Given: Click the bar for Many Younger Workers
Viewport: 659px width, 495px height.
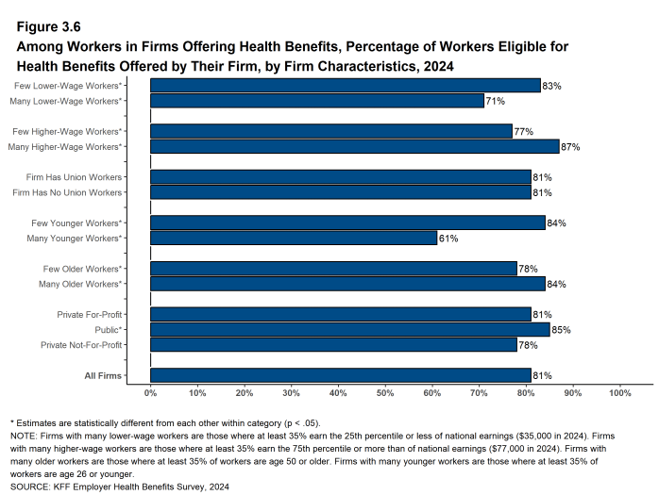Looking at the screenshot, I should [294, 239].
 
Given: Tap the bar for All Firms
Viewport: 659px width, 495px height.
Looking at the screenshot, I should [340, 375].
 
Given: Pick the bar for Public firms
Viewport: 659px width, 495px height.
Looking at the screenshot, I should [349, 330].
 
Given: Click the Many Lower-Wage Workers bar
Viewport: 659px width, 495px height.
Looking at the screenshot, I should [317, 101].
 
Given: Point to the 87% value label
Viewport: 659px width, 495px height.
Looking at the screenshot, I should [569, 147].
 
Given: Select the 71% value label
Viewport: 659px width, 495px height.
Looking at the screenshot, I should [495, 101].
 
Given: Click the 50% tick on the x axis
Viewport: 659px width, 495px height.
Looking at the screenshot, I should [385, 392].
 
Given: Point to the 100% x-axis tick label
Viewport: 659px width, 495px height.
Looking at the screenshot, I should [619, 392].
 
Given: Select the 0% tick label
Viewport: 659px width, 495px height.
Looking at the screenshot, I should [151, 392].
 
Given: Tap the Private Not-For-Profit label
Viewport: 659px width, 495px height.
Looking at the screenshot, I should [81, 345].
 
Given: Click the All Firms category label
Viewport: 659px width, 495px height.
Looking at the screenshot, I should [104, 375].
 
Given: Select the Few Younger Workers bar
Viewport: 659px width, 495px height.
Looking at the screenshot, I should [347, 223].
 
